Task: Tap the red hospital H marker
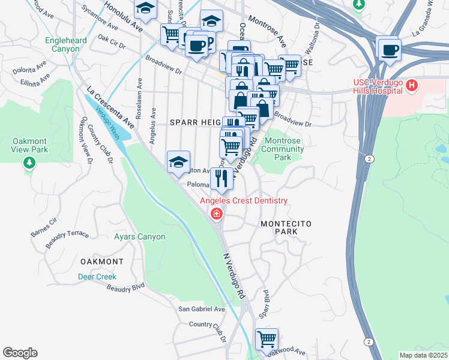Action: coord(411,86)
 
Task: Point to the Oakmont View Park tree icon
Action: coord(29,163)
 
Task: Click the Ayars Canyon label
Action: coord(139,237)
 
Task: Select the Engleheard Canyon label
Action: coord(66,45)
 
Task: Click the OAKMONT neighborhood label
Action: coord(101,262)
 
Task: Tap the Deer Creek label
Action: coord(97,277)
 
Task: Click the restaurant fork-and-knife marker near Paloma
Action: coord(221,178)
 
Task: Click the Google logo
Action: coord(20,353)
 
